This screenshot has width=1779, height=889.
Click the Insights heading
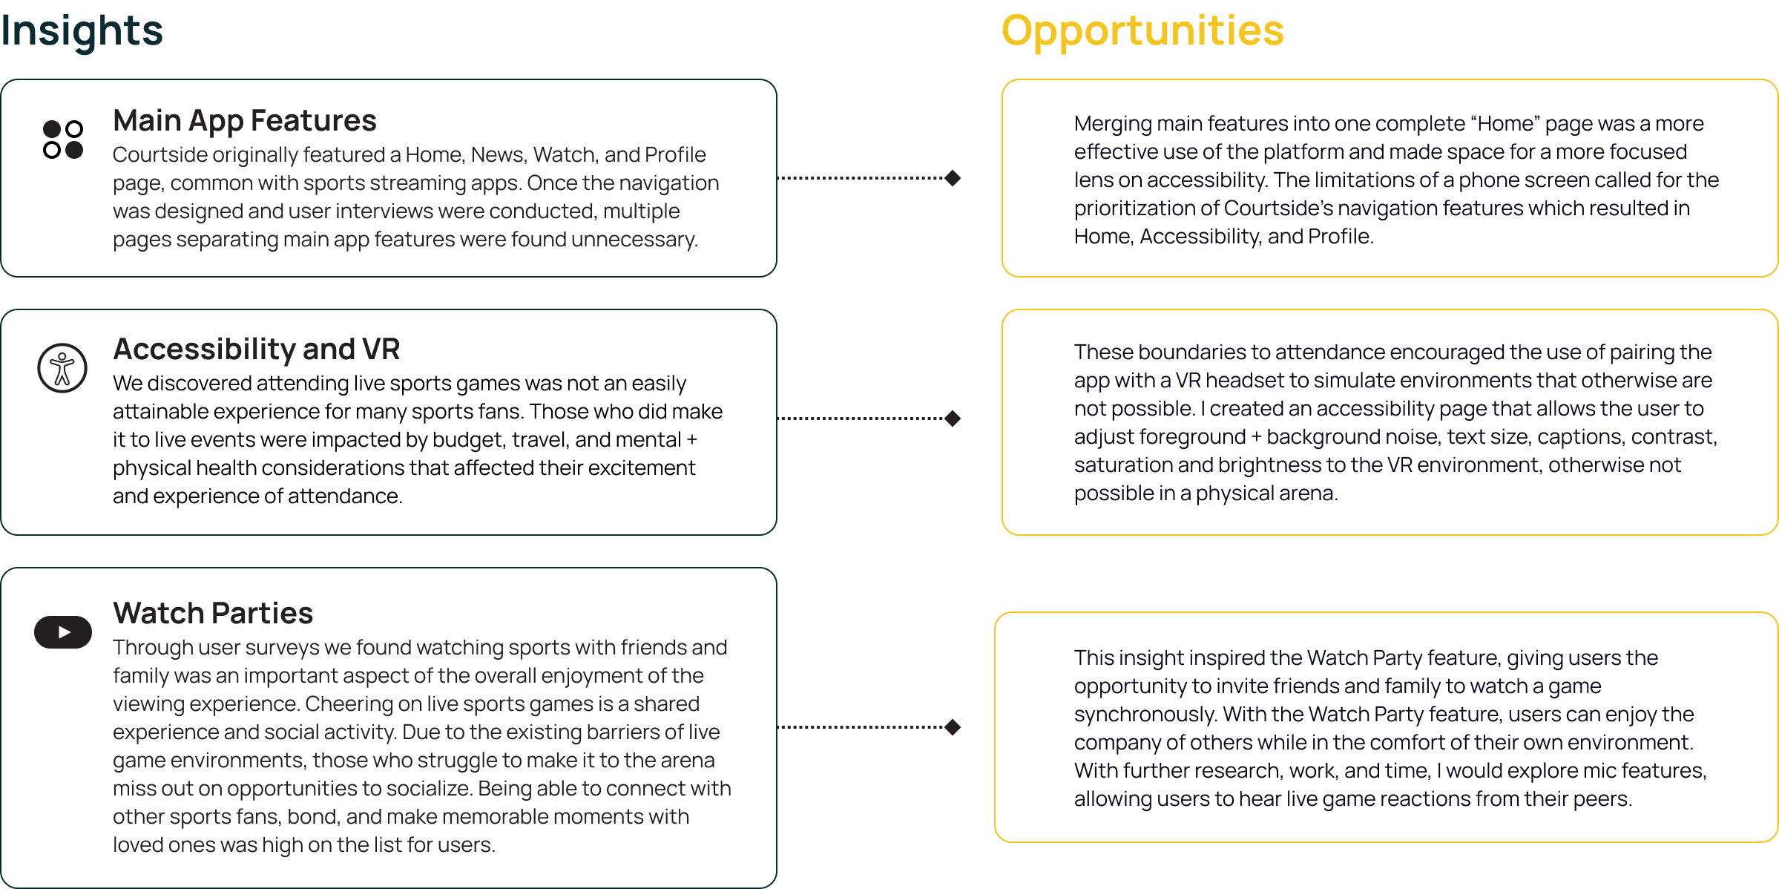[82, 31]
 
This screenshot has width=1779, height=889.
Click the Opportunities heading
[1142, 31]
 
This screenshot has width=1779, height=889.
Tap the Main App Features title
[245, 121]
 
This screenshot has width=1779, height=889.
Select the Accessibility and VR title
[256, 350]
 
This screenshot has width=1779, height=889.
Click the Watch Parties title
[213, 614]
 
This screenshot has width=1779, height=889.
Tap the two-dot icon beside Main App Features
[63, 140]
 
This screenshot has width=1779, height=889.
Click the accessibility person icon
[62, 368]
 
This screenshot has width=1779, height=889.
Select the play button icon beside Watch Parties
[63, 632]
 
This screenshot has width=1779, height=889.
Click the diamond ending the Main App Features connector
[953, 178]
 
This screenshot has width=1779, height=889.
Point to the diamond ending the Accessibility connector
[953, 419]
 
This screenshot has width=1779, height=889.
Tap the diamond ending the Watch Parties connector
[953, 727]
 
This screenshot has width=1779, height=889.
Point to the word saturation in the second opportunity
[1122, 465]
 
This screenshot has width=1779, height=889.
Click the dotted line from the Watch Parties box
[861, 727]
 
